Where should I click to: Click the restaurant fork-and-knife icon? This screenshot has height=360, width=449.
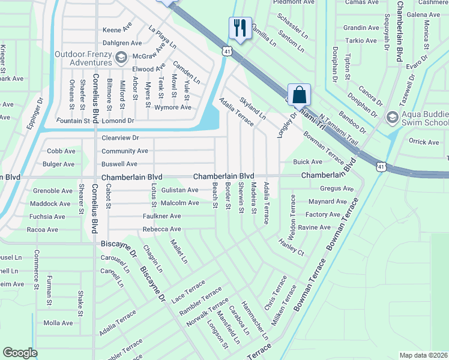point(238,28)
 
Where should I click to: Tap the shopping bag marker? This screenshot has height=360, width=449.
point(298,94)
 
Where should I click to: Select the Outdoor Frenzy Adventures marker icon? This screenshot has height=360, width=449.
point(122,58)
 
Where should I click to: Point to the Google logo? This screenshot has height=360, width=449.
point(20,353)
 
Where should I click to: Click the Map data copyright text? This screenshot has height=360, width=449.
point(423,355)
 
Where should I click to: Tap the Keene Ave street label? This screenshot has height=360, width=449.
point(117,29)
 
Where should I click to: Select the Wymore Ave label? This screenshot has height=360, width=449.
point(173,107)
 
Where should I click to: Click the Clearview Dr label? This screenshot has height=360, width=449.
point(120,137)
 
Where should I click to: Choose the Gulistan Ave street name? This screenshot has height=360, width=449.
point(179,190)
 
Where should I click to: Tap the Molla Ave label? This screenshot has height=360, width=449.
point(58,323)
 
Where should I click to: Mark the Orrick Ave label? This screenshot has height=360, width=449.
point(424,142)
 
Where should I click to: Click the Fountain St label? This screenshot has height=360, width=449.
point(73,121)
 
